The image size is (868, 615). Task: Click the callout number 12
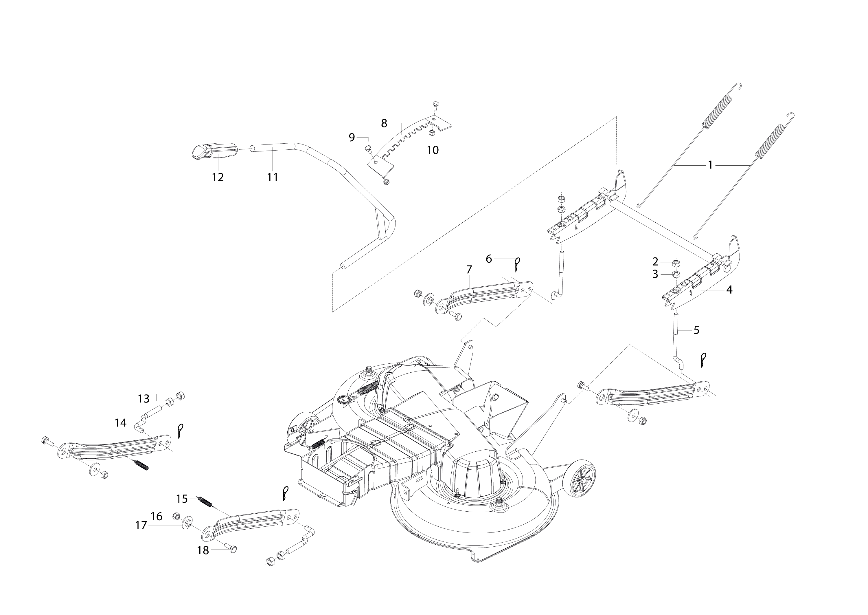218,177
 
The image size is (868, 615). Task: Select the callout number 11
273,177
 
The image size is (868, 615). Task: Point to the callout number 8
384,123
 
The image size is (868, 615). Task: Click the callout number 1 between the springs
710,165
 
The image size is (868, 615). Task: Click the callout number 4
729,290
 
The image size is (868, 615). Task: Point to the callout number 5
696,330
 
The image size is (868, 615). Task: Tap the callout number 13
144,399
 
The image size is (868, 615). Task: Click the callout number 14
120,423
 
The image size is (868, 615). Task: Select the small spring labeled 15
205,503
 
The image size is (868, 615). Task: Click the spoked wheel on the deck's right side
579,479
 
